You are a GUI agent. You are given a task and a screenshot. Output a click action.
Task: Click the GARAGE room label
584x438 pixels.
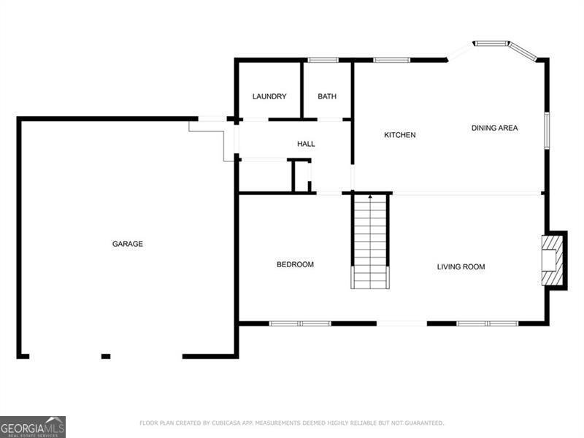(128, 244)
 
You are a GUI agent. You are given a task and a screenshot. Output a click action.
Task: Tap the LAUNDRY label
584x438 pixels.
(269, 96)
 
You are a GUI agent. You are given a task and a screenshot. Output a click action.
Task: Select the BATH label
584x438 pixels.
(327, 96)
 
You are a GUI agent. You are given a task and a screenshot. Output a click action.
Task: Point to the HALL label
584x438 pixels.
(306, 144)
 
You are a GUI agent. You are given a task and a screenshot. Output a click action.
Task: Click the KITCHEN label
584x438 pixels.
(400, 135)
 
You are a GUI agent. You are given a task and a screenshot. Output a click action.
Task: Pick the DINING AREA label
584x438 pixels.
(494, 128)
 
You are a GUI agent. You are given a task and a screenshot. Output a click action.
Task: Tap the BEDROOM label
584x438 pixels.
(295, 264)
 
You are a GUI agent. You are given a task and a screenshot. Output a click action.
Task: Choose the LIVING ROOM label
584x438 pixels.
(461, 266)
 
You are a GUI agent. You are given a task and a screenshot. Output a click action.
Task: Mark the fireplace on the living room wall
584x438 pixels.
(553, 260)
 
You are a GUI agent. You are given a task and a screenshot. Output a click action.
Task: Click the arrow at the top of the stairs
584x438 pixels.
(370, 196)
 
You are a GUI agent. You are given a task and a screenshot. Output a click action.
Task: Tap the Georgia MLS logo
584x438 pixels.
(33, 426)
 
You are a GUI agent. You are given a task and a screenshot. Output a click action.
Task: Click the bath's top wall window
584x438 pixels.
(323, 60)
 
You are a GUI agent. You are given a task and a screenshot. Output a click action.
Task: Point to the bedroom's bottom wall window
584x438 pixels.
(300, 323)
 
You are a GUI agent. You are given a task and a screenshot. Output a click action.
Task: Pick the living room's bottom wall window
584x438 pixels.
(487, 323)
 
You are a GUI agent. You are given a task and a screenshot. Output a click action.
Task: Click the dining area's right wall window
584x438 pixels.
(546, 130)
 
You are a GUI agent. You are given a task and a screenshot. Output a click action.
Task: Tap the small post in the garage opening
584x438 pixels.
(106, 356)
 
